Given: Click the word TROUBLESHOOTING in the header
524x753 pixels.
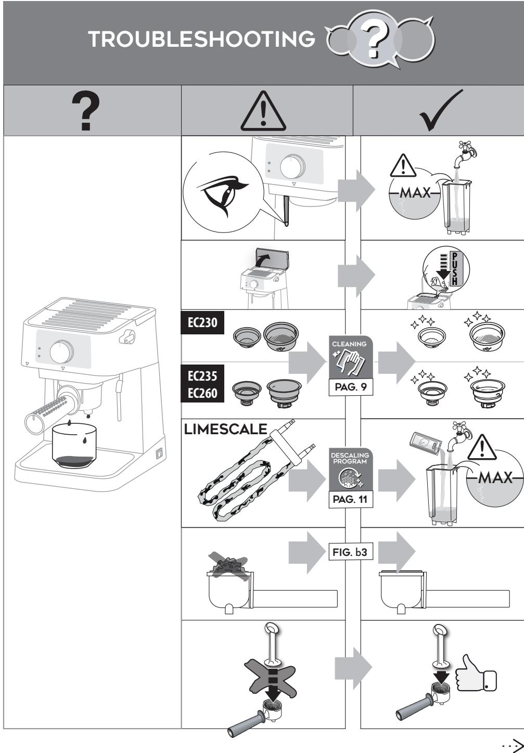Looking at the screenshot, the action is pos(201,39).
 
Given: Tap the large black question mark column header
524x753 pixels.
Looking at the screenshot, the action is pos(86,110).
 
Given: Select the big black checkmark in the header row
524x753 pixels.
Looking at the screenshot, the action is pos(441,110).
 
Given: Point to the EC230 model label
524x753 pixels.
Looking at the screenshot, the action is pos(202,322).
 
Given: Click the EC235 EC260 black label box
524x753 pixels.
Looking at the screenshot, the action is pos(202,384).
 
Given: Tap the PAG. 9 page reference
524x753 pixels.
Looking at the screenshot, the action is pos(351,387).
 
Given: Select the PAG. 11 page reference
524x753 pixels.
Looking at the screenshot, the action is pos(351,499).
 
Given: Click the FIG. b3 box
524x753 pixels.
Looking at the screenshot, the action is pos(351,552).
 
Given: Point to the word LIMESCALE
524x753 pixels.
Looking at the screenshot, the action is pos(225,429).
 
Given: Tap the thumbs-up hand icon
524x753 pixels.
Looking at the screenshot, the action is pos(476,673).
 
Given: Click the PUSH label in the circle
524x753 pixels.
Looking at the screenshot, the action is pos(455,268).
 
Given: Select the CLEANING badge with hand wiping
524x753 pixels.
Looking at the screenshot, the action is pos(351,357).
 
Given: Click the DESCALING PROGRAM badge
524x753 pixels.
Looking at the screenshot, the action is pos(351,469).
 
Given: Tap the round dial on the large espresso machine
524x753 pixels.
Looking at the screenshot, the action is pos(61,352).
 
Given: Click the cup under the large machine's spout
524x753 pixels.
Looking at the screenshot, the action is pos(74,446).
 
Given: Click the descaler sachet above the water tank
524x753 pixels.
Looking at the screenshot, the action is pos(426,444).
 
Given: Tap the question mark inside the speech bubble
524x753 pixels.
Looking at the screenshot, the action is pos(375,41).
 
